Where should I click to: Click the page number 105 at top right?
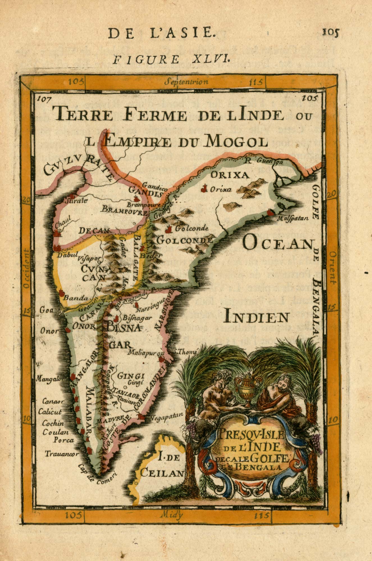[331, 33]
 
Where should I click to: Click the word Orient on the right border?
[333, 268]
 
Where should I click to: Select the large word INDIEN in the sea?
[256, 317]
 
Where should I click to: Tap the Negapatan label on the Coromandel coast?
[166, 415]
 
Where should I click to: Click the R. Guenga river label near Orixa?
[263, 161]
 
